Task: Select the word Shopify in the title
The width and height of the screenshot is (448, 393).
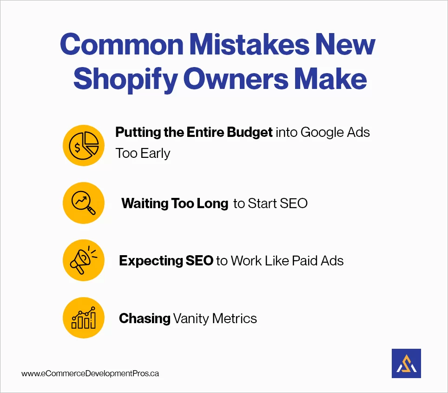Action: (x=125, y=79)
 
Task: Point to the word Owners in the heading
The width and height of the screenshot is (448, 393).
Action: (x=237, y=79)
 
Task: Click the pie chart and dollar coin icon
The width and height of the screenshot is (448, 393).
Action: (x=84, y=146)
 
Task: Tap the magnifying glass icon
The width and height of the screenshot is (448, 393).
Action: (x=84, y=203)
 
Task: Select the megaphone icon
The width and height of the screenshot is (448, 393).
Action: (x=84, y=261)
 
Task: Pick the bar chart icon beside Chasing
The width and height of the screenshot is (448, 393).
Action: (x=84, y=318)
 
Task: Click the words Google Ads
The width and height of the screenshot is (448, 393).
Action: (x=335, y=132)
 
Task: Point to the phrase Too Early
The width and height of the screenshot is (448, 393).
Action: (x=143, y=153)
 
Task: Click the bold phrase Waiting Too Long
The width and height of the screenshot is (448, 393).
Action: (x=175, y=203)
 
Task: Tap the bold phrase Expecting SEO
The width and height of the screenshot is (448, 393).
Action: (x=166, y=261)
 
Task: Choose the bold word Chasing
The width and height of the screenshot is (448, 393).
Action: (x=145, y=318)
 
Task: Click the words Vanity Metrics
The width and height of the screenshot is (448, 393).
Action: (x=215, y=318)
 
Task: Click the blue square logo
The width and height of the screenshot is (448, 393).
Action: (x=406, y=363)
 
